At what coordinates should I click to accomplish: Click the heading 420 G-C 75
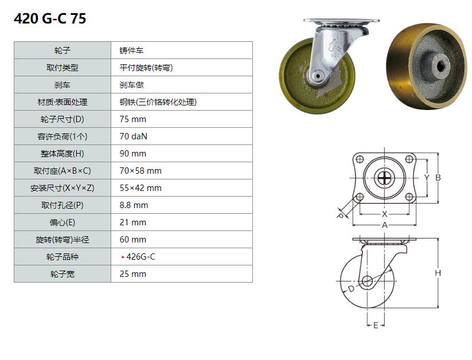click(x=50, y=19)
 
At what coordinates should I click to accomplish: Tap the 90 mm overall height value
click(x=132, y=154)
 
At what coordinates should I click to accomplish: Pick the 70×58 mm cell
click(x=140, y=171)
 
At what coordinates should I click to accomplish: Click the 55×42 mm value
click(x=140, y=188)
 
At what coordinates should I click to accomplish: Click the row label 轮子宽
click(x=63, y=274)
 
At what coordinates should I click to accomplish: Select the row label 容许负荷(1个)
click(x=63, y=136)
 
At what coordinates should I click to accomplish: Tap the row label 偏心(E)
click(x=63, y=222)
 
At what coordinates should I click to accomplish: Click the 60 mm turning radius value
click(x=132, y=240)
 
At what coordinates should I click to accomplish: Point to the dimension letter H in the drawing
click(x=438, y=273)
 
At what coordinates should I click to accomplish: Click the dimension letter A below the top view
click(x=385, y=225)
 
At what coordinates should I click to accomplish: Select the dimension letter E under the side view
click(x=376, y=326)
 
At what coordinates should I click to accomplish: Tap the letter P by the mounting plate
click(x=340, y=215)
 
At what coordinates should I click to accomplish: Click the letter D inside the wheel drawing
click(x=351, y=289)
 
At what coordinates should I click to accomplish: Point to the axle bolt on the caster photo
click(x=316, y=75)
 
